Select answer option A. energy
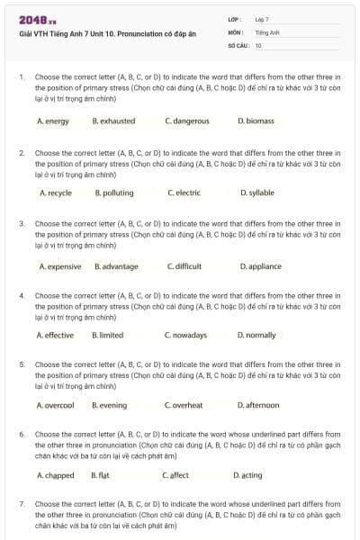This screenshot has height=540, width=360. (x=53, y=121)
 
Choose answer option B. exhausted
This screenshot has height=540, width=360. (x=113, y=121)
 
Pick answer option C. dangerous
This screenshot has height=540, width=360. (x=187, y=121)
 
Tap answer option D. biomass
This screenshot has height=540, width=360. (x=256, y=121)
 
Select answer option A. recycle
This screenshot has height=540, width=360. (x=56, y=193)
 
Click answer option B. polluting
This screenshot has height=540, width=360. (x=114, y=193)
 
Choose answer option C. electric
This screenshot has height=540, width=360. (x=184, y=193)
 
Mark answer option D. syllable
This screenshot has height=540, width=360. (x=257, y=193)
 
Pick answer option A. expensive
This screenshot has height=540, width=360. (x=60, y=266)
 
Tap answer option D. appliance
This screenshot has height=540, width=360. (x=260, y=266)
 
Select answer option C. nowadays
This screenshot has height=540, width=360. (x=185, y=335)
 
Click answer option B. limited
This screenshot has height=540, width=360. (x=108, y=335)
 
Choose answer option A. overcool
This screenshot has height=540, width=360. (x=56, y=405)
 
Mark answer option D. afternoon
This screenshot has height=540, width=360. (x=258, y=405)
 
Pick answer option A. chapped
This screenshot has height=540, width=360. (x=56, y=475)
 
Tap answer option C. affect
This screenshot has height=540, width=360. (x=175, y=475)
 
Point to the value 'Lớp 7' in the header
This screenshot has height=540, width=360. (x=262, y=19)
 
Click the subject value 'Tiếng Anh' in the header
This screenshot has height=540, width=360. (x=265, y=31)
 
